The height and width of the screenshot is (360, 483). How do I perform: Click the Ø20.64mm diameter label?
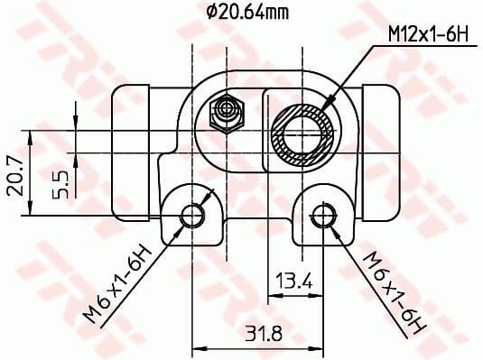tap(246, 13)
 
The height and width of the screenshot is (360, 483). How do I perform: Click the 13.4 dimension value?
tap(293, 282)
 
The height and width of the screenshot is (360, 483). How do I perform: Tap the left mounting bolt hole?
tap(192, 215)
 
